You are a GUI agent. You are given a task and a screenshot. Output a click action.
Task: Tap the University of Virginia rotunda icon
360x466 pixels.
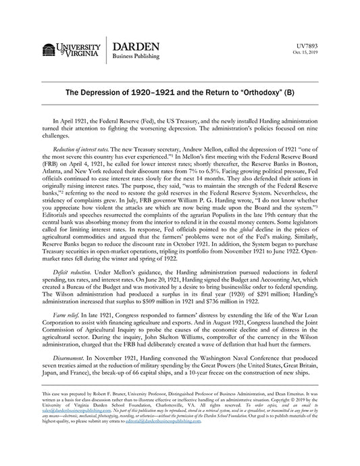(x=49, y=51)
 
